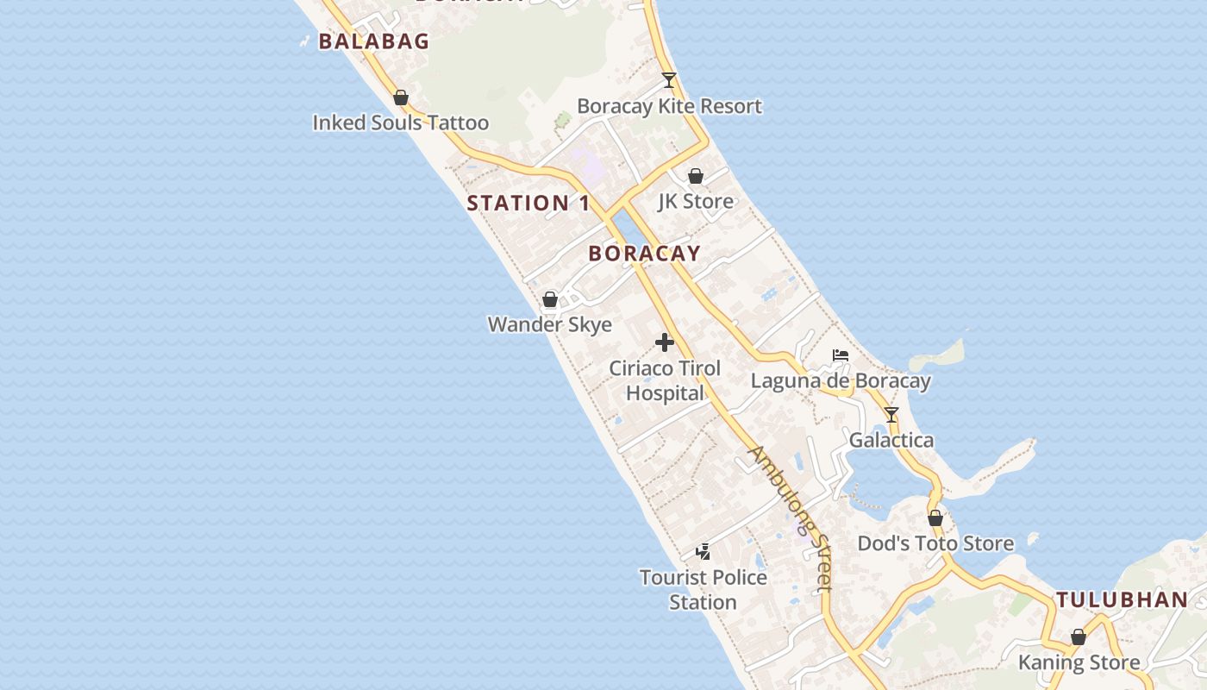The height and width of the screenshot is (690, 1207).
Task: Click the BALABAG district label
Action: pyautogui.click(x=373, y=41)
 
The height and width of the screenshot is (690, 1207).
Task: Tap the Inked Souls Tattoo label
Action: pyautogui.click(x=400, y=122)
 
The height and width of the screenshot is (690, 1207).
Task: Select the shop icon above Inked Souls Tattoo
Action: pyautogui.click(x=401, y=98)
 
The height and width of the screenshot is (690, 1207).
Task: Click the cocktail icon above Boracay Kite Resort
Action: pyautogui.click(x=668, y=80)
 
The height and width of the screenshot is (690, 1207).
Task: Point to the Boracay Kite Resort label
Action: pyautogui.click(x=669, y=106)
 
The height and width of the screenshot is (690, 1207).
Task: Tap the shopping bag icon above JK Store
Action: pyautogui.click(x=696, y=176)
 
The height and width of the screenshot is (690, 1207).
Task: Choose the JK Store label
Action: pyautogui.click(x=696, y=201)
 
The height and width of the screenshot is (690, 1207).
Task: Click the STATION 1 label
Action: pyautogui.click(x=528, y=204)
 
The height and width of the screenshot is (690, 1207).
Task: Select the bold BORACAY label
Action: pyautogui.click(x=644, y=254)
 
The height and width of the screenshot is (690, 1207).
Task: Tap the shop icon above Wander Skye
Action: pyautogui.click(x=550, y=300)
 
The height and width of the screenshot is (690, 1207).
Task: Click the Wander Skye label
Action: pyautogui.click(x=550, y=324)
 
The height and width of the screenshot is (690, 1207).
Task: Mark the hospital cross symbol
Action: pyautogui.click(x=665, y=342)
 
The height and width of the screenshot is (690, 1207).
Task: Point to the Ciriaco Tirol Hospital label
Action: pyautogui.click(x=665, y=380)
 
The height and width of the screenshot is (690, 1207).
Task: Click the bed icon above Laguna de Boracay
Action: pyautogui.click(x=841, y=355)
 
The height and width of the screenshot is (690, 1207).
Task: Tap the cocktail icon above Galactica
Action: pyautogui.click(x=891, y=415)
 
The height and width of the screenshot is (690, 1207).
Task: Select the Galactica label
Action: pyautogui.click(x=891, y=440)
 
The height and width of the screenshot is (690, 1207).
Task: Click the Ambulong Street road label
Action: pyautogui.click(x=791, y=517)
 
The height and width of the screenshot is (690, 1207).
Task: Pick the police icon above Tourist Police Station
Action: pyautogui.click(x=704, y=551)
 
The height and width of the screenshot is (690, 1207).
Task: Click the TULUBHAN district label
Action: pyautogui.click(x=1121, y=600)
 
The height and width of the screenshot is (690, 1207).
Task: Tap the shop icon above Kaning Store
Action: pyautogui.click(x=1079, y=637)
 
